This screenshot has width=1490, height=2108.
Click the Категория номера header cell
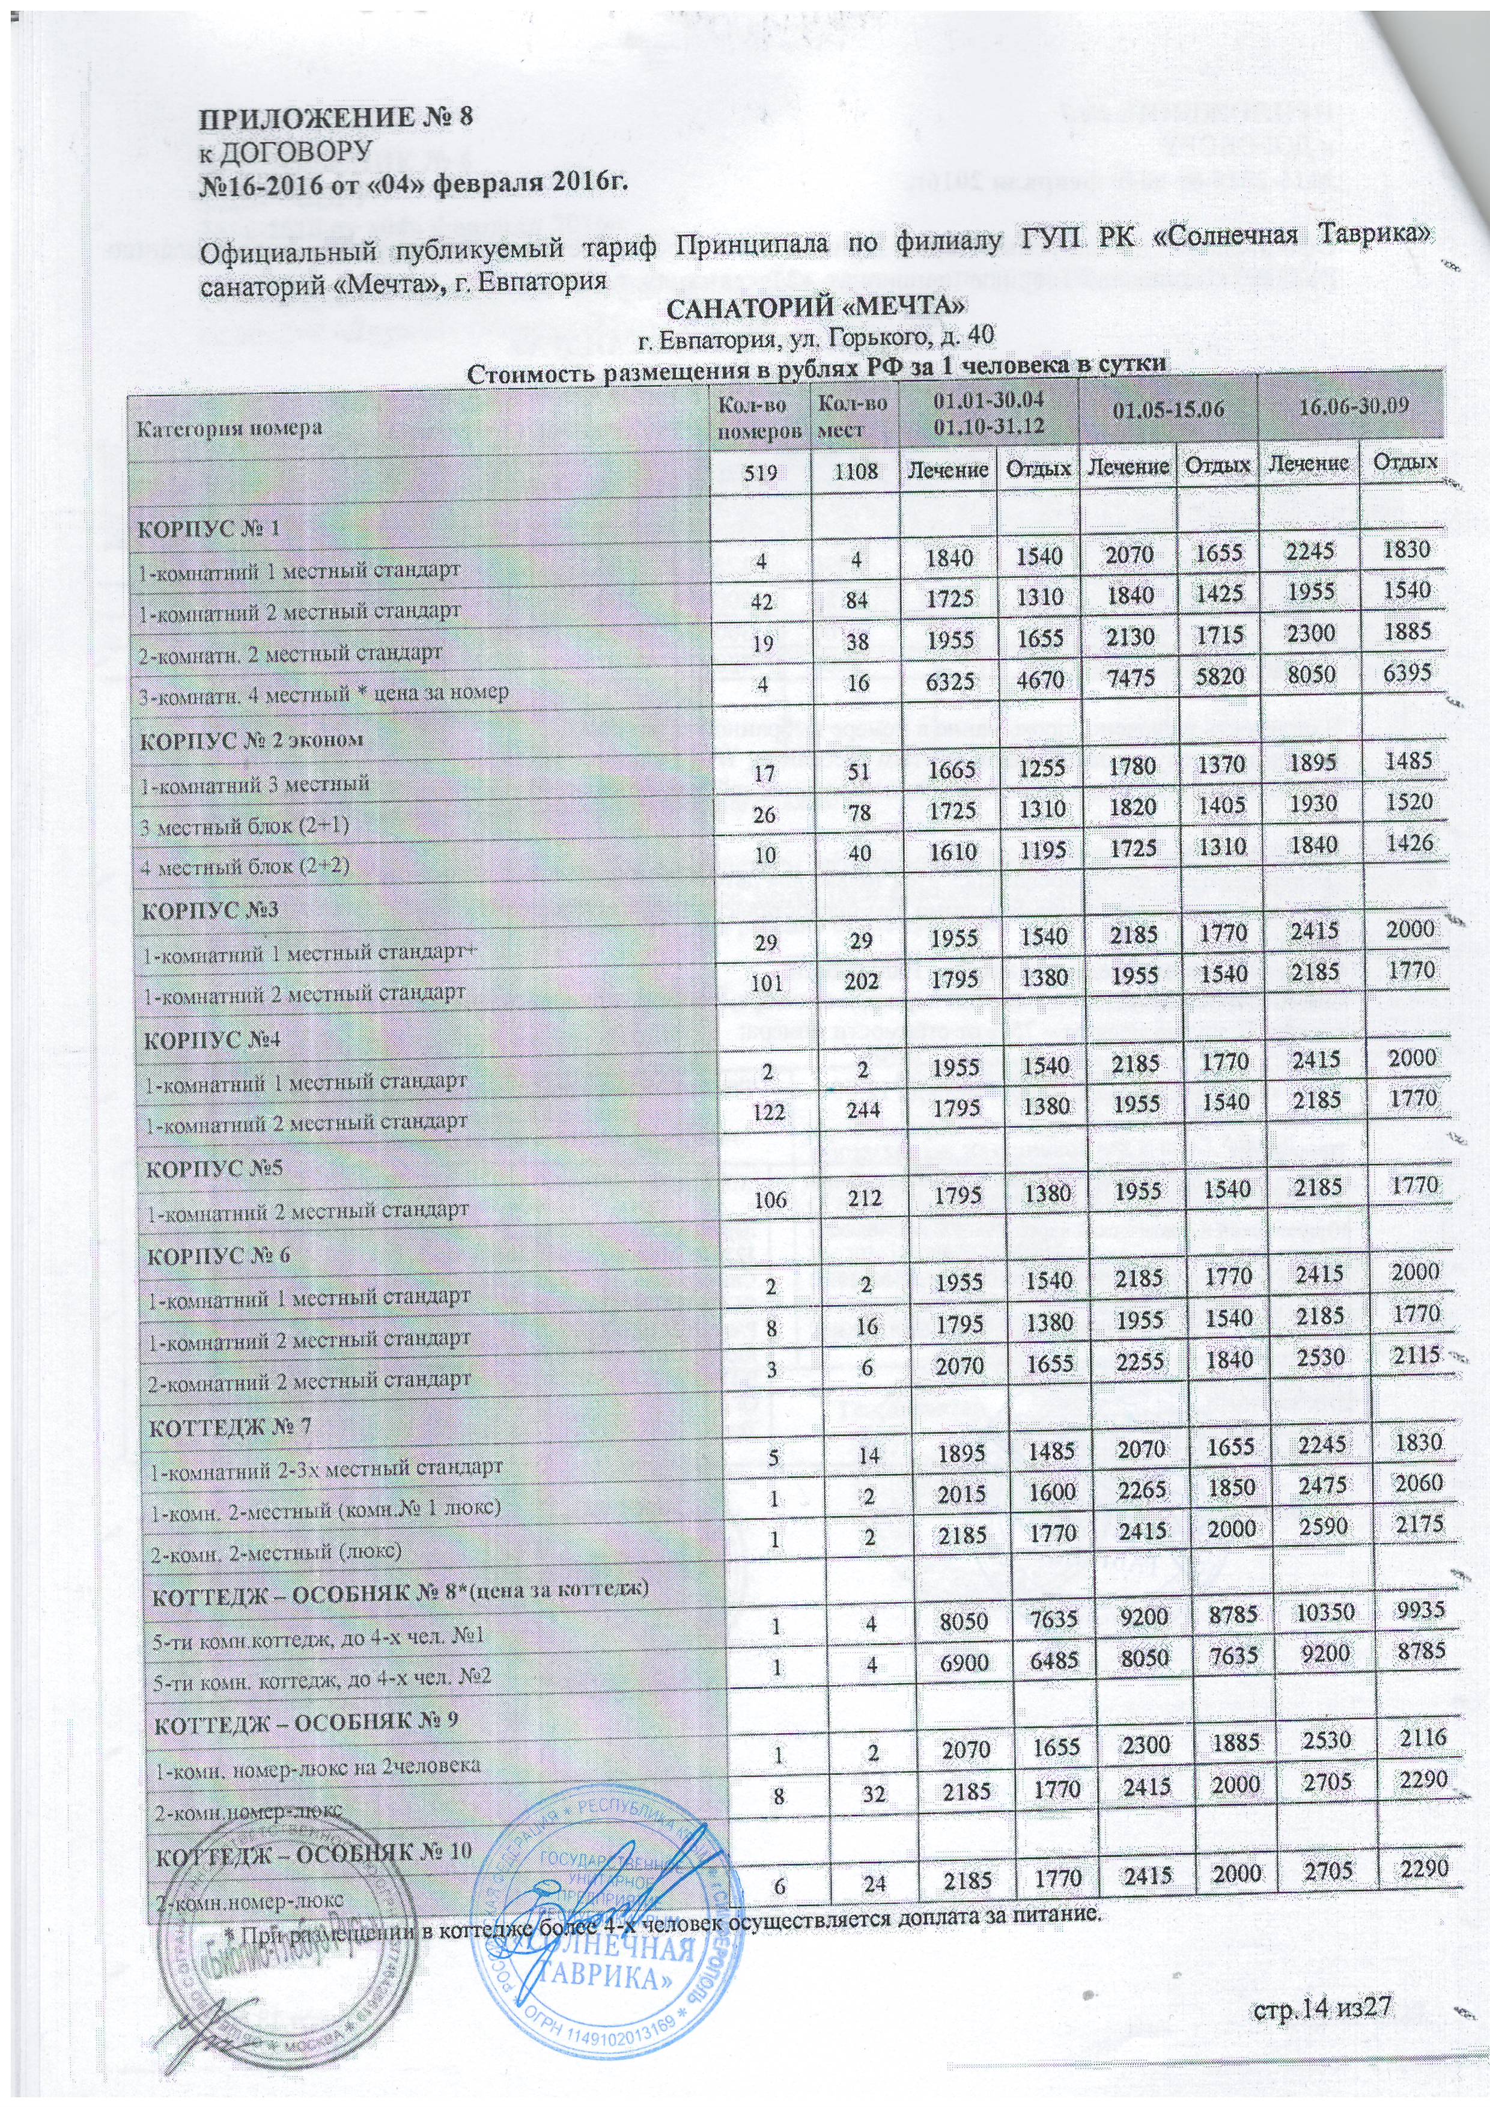coord(231,428)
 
